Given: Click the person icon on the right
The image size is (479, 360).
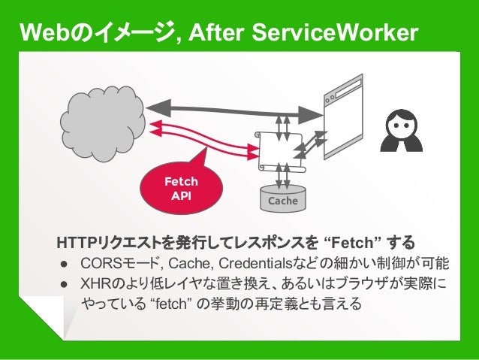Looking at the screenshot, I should point(402,132).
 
